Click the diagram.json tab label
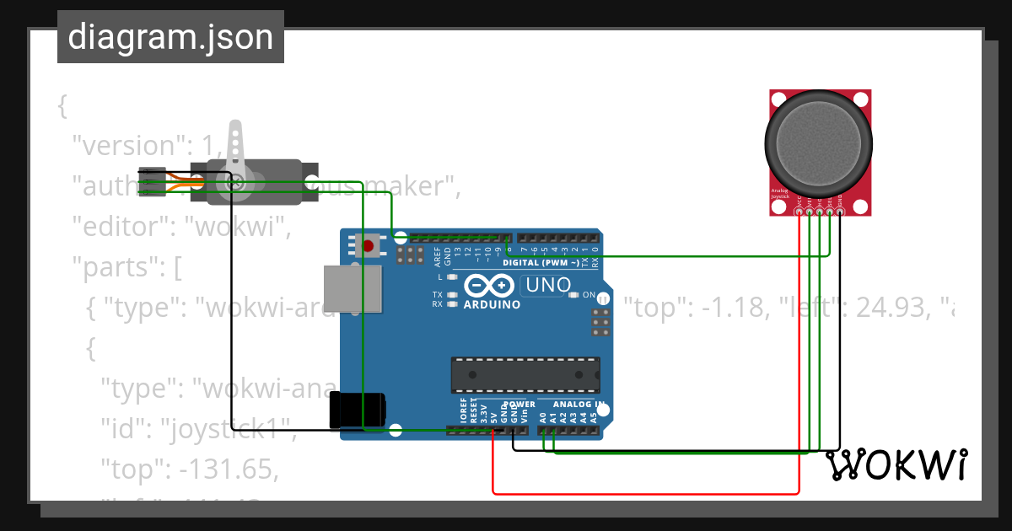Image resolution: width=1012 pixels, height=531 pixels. pyautogui.click(x=170, y=37)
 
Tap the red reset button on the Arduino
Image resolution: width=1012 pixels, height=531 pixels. pyautogui.click(x=369, y=246)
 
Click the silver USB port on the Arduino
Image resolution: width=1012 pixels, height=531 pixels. pyautogui.click(x=352, y=292)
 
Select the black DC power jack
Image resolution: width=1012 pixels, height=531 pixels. pyautogui.click(x=358, y=410)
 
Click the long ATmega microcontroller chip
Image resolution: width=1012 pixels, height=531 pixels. pyautogui.click(x=525, y=375)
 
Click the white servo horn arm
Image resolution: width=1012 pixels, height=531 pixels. pyautogui.click(x=236, y=152)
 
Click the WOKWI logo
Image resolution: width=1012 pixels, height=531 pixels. pyautogui.click(x=896, y=465)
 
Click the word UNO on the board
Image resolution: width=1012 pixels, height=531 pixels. pyautogui.click(x=547, y=286)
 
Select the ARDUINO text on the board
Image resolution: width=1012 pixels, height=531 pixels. pyautogui.click(x=492, y=304)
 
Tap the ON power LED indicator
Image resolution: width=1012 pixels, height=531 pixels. pyautogui.click(x=574, y=295)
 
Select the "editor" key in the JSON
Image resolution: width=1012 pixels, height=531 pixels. pyautogui.click(x=122, y=228)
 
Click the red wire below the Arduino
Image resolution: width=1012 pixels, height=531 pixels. pyautogui.click(x=645, y=493)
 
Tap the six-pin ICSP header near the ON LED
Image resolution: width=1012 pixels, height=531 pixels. pyautogui.click(x=600, y=322)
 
